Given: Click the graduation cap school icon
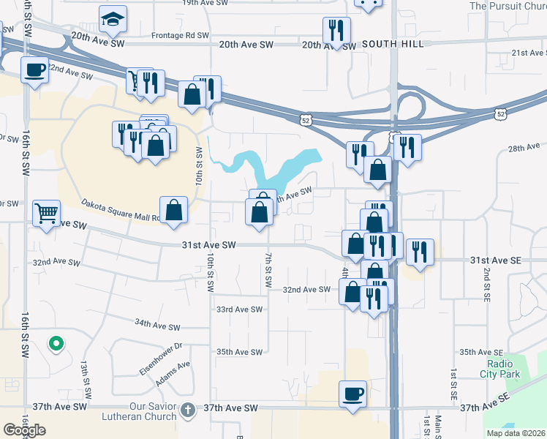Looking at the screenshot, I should click(112, 20).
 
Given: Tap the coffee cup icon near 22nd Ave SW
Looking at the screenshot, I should click(34, 70).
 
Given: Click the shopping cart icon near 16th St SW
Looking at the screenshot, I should click(47, 214).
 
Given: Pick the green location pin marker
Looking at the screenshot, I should click(55, 343).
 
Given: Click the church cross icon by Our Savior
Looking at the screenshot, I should click(187, 409).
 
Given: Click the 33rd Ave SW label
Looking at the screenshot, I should click(238, 309).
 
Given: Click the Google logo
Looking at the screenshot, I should click(24, 430).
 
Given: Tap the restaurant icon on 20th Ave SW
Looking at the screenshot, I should click(336, 31).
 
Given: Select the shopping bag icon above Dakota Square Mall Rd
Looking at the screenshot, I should click(174, 209).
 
